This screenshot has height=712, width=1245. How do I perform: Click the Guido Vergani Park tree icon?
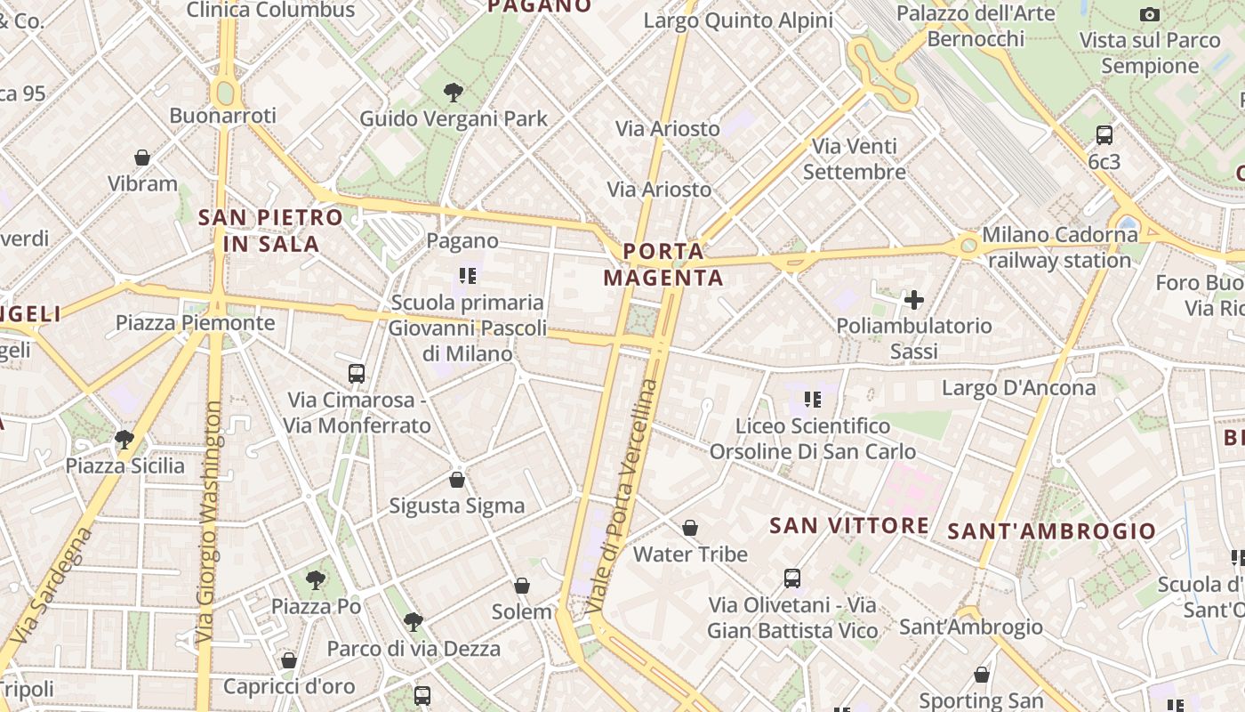click(454, 92)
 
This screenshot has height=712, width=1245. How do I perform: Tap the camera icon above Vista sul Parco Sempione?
click(1150, 14)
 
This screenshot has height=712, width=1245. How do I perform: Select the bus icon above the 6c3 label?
click(1104, 135)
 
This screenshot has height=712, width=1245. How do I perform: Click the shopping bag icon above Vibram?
click(142, 158)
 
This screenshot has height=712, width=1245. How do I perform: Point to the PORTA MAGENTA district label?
click(663, 264)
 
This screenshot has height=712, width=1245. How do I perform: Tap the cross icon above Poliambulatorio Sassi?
click(913, 299)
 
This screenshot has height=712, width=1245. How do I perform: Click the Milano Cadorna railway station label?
click(1059, 247)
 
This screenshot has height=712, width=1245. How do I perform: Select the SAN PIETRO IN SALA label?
click(270, 230)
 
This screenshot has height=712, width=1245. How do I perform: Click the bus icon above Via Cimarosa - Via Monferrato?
click(357, 373)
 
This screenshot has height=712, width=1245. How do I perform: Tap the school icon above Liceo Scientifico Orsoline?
click(812, 400)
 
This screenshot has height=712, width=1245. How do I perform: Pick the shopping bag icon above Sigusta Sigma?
click(457, 480)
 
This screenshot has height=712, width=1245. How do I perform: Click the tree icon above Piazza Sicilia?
click(124, 439)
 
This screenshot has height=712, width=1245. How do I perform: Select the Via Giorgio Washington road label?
click(211, 521)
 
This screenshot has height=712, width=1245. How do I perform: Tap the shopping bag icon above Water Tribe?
click(690, 528)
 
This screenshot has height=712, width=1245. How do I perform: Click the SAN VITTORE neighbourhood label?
click(848, 525)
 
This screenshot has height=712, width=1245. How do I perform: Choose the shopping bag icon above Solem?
click(522, 586)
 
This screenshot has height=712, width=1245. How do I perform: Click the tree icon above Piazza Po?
click(316, 580)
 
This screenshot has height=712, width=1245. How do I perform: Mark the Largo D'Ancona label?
click(1018, 388)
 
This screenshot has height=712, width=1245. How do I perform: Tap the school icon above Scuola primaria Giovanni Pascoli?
click(468, 276)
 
